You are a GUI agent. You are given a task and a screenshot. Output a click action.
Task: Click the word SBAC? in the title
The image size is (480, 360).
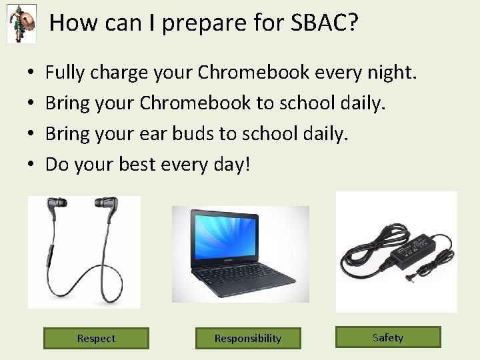click(325, 23)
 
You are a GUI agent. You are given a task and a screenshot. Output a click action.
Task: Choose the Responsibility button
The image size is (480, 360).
click(248, 338)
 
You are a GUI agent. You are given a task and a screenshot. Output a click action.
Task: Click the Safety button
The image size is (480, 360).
click(388, 337)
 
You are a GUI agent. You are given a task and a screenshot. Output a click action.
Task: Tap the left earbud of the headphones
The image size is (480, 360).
click(57, 207)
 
